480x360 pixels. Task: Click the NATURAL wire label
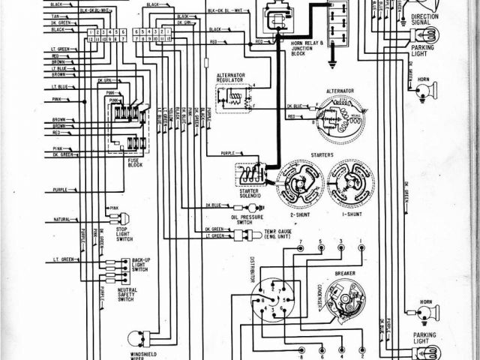coord(61,220)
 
